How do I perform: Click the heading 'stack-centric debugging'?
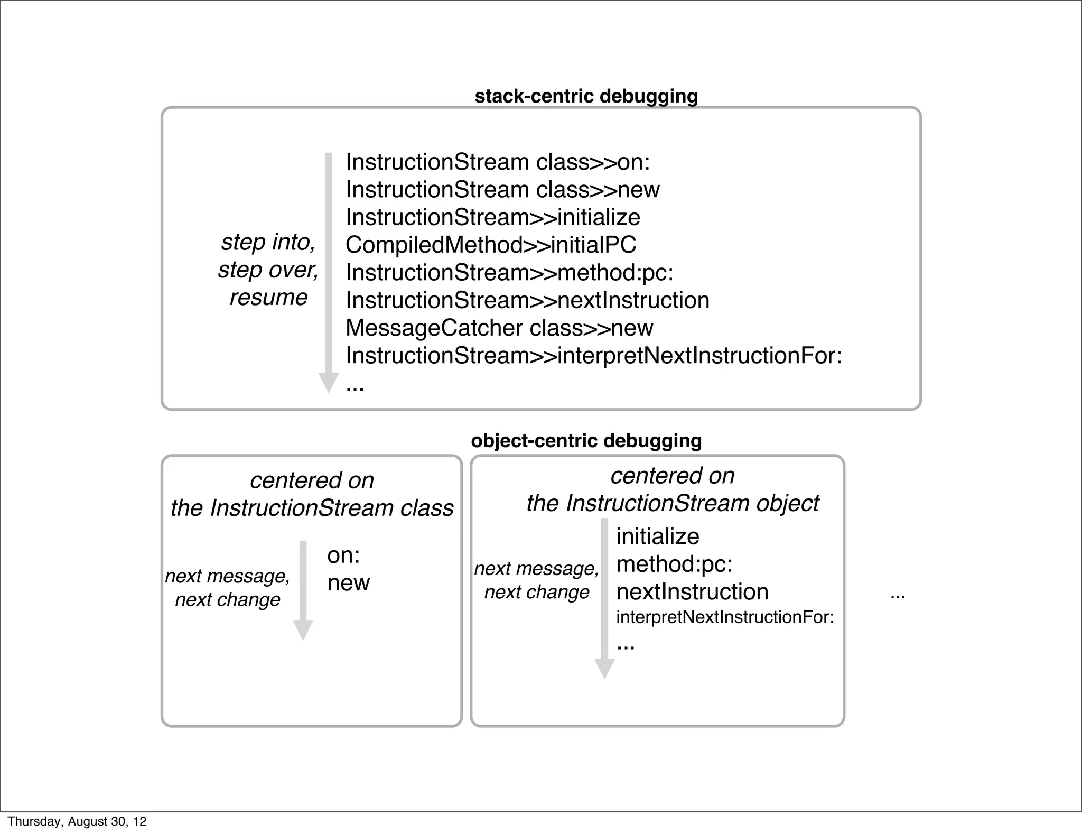(586, 96)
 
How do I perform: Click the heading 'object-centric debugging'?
(586, 440)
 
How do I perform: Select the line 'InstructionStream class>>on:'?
(498, 162)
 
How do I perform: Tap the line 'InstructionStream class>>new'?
(502, 190)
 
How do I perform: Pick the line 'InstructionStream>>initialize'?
(493, 217)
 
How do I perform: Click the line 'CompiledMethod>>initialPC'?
(491, 245)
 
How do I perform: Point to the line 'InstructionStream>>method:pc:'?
(509, 273)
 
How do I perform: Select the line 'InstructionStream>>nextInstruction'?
(527, 300)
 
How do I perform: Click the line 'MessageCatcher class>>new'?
(499, 328)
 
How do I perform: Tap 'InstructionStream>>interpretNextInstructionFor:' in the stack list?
(593, 355)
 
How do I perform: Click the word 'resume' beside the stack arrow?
(268, 297)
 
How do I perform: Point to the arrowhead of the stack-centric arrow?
(328, 383)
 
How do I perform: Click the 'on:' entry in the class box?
(343, 555)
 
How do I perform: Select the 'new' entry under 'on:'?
(348, 582)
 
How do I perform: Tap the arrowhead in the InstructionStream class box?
(303, 630)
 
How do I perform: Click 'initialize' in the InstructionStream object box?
(657, 536)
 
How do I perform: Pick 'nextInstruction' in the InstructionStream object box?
(692, 591)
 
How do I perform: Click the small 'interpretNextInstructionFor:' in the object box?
(725, 617)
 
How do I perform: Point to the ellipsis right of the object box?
(898, 596)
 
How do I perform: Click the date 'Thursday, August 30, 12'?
(77, 821)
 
